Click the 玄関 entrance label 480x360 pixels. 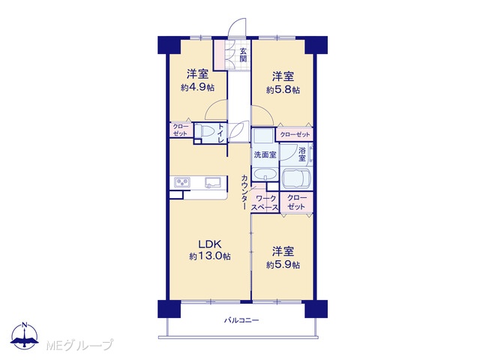[243, 55]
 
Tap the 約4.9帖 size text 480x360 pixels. [197, 88]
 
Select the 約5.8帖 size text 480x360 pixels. [283, 90]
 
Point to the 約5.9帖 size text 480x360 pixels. [283, 265]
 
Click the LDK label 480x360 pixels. [210, 244]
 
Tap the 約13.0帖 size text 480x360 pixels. [210, 256]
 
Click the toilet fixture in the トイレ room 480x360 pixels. [204, 132]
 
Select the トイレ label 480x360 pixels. [221, 133]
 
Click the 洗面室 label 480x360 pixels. [265, 155]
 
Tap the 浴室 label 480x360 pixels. [301, 154]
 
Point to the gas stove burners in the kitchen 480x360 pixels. [182, 182]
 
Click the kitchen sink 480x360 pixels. [213, 182]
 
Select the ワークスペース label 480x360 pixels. [265, 203]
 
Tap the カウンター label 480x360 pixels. [244, 192]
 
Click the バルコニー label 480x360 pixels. [241, 320]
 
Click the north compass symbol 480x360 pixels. [25, 336]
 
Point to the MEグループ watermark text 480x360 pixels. [79, 345]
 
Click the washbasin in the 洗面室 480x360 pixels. [265, 175]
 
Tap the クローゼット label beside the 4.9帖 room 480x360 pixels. [180, 130]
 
